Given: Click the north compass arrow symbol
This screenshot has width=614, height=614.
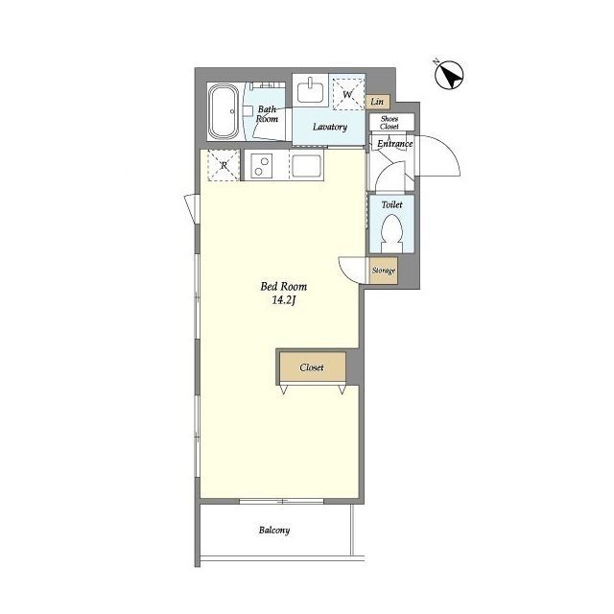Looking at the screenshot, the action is coord(449,75).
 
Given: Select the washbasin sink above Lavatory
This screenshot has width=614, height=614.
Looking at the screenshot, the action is coord(311,90).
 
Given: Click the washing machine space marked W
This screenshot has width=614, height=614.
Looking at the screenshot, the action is coord(347,94).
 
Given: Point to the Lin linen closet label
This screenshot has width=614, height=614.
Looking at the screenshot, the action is coord(377,102).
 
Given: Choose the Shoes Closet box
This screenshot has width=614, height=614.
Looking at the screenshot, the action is coord(391,122).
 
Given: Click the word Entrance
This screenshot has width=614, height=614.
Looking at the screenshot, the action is coord(394,144).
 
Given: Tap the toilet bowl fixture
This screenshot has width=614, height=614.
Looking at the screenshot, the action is coord(391,235).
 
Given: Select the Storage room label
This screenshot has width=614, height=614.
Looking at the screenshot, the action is coord(384,271).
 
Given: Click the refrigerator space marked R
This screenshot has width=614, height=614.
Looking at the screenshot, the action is coord(224,165).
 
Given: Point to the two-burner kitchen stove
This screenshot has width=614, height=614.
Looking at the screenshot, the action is coord(261,166).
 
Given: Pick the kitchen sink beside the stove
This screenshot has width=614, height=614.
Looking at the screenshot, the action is coord(307,166).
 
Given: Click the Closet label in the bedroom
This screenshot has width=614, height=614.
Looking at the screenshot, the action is coord(312,367).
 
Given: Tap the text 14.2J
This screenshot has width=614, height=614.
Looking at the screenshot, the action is coord(283,300).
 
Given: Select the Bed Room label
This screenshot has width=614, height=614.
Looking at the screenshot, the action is coord(284,286).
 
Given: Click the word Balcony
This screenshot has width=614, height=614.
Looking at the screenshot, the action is coord(274,531).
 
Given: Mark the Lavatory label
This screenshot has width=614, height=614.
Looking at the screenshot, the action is coord(330,127).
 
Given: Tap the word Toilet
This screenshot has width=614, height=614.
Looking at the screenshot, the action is coord(391,204).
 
